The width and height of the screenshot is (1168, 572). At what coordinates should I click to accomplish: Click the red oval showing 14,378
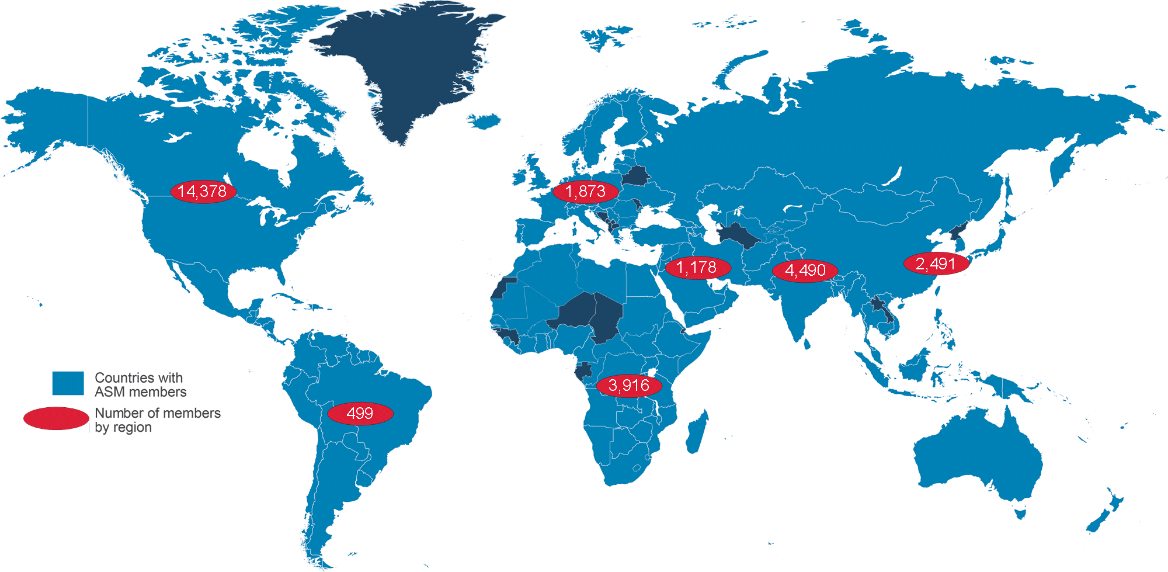point(203,191)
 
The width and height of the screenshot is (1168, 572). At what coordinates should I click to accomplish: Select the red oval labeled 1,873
point(586,192)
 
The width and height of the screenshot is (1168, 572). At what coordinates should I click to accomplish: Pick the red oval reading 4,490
point(805,271)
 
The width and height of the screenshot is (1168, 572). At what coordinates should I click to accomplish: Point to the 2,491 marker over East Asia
point(936,264)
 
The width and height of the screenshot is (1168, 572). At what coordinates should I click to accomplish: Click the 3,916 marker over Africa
point(629,386)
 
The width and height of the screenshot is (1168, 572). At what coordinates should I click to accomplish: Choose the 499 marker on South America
point(360,414)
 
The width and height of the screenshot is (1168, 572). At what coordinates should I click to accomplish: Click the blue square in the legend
point(68,383)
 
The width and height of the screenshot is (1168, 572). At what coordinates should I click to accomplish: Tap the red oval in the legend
point(56,418)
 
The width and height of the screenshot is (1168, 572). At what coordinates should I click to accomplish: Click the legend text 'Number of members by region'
point(157,420)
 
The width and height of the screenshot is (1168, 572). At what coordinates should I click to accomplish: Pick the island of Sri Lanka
point(807,343)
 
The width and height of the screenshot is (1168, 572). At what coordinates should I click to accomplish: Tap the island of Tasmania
point(1021,514)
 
